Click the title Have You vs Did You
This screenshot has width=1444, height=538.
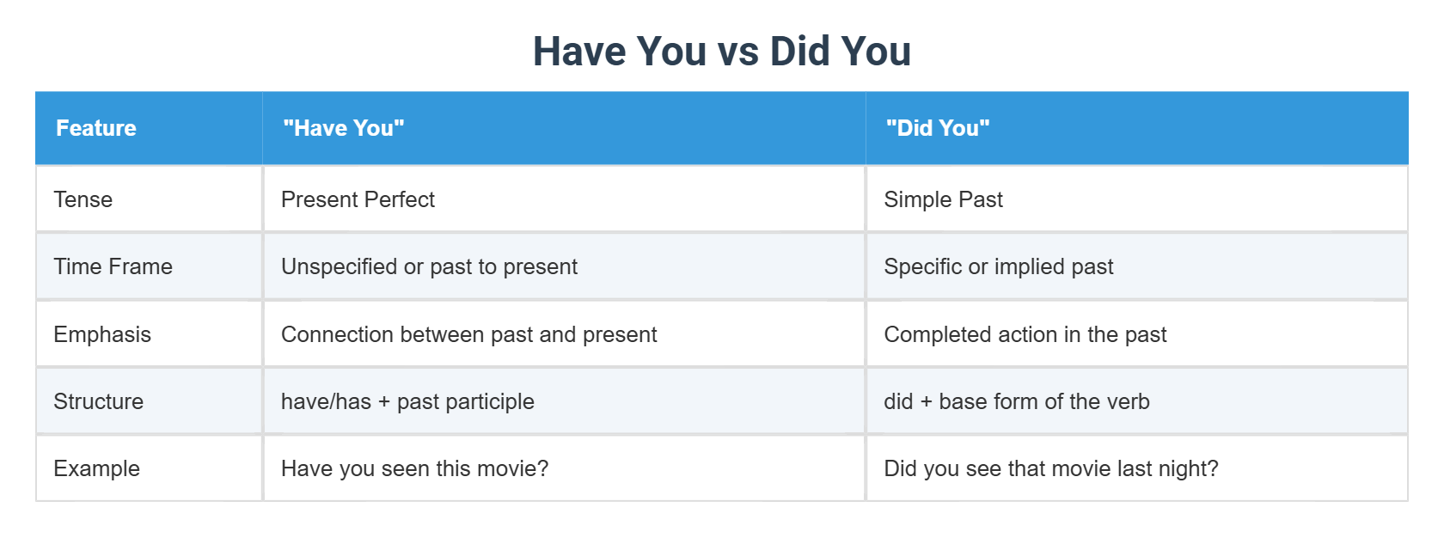[721, 51]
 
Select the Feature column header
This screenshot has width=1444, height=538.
[96, 128]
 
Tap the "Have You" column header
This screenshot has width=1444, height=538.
[344, 128]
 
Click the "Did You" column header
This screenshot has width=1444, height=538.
[938, 128]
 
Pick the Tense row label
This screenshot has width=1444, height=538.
[83, 199]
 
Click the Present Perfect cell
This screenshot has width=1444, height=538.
[358, 199]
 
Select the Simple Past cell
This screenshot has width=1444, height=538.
[943, 199]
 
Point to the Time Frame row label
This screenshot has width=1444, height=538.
[113, 266]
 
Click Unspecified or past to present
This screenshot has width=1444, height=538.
[429, 266]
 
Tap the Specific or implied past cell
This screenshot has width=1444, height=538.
[998, 266]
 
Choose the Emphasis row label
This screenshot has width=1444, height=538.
[102, 334]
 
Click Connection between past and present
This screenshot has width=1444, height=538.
[468, 334]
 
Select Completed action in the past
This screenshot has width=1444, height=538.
[1025, 334]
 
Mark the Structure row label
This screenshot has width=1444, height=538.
[98, 401]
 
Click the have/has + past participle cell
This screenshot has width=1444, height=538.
[407, 401]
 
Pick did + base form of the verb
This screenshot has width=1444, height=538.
[1016, 401]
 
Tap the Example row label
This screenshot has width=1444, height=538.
[96, 468]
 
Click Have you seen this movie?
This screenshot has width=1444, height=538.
[414, 468]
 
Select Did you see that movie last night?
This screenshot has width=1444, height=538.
[1050, 468]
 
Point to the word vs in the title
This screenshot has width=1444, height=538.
[737, 52]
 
